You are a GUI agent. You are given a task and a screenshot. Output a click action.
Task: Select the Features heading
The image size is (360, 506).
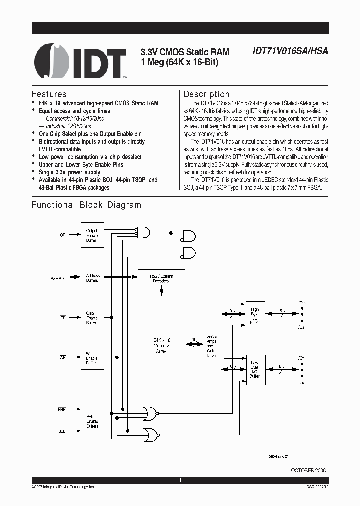49,94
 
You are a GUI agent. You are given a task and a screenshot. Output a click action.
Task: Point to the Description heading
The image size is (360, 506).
207,94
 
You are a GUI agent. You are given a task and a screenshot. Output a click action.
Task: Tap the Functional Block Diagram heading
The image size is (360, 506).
86,205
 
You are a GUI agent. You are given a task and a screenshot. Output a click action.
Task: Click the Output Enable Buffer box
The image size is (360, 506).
92,235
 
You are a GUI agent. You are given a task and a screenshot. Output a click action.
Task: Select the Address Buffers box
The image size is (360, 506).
92,278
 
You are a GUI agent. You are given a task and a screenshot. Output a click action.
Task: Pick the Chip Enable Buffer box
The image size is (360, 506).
92,317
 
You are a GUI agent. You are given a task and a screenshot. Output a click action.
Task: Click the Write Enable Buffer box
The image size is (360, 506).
92,357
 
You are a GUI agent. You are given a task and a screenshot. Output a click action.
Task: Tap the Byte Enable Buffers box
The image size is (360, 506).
92,421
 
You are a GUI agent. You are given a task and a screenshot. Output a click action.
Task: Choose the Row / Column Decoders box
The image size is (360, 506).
161,278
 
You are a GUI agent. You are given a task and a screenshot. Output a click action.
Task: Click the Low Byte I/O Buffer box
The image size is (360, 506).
255,370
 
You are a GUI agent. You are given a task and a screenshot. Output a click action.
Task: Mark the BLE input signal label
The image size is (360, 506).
61,430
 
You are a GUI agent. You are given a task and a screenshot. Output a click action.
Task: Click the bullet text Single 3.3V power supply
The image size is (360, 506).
69,172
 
